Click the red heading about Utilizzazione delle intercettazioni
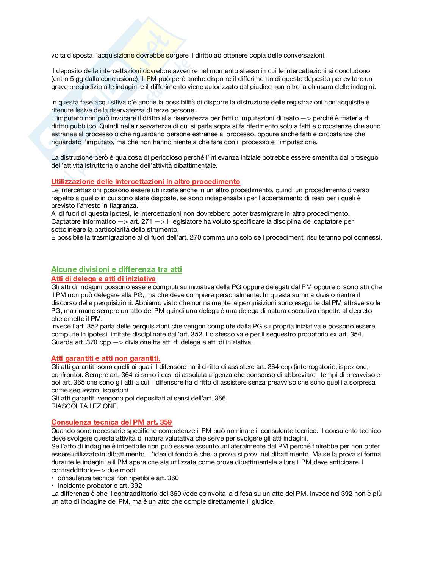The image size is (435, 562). point(146,182)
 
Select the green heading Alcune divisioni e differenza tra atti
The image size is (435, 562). point(116,269)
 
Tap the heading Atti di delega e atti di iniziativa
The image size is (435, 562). point(103,279)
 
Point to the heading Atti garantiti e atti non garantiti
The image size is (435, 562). point(106,358)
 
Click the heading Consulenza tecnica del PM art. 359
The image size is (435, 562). point(111,422)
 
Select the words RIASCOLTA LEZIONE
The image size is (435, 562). point(84,406)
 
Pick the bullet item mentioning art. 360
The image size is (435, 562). point(118,478)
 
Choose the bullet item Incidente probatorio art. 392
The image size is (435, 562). point(100,486)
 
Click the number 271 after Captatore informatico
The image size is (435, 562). point(146,221)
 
